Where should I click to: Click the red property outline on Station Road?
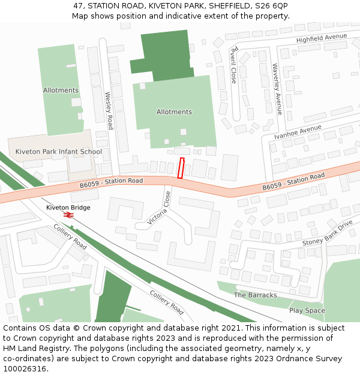click(x=181, y=168)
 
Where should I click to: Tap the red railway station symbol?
click(x=69, y=215)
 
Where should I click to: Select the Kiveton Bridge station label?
click(x=68, y=208)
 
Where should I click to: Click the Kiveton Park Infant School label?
click(x=59, y=151)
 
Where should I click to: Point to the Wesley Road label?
click(x=109, y=110)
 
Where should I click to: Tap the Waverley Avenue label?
click(x=277, y=88)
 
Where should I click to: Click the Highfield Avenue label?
click(x=322, y=38)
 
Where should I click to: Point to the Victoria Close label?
click(x=159, y=208)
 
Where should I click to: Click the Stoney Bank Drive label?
click(x=328, y=233)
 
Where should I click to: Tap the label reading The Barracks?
click(x=256, y=295)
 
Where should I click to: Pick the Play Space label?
click(x=307, y=310)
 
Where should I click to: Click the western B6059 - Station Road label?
click(x=111, y=181)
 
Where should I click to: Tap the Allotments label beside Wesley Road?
click(x=61, y=90)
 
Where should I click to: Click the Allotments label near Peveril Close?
click(x=174, y=112)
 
